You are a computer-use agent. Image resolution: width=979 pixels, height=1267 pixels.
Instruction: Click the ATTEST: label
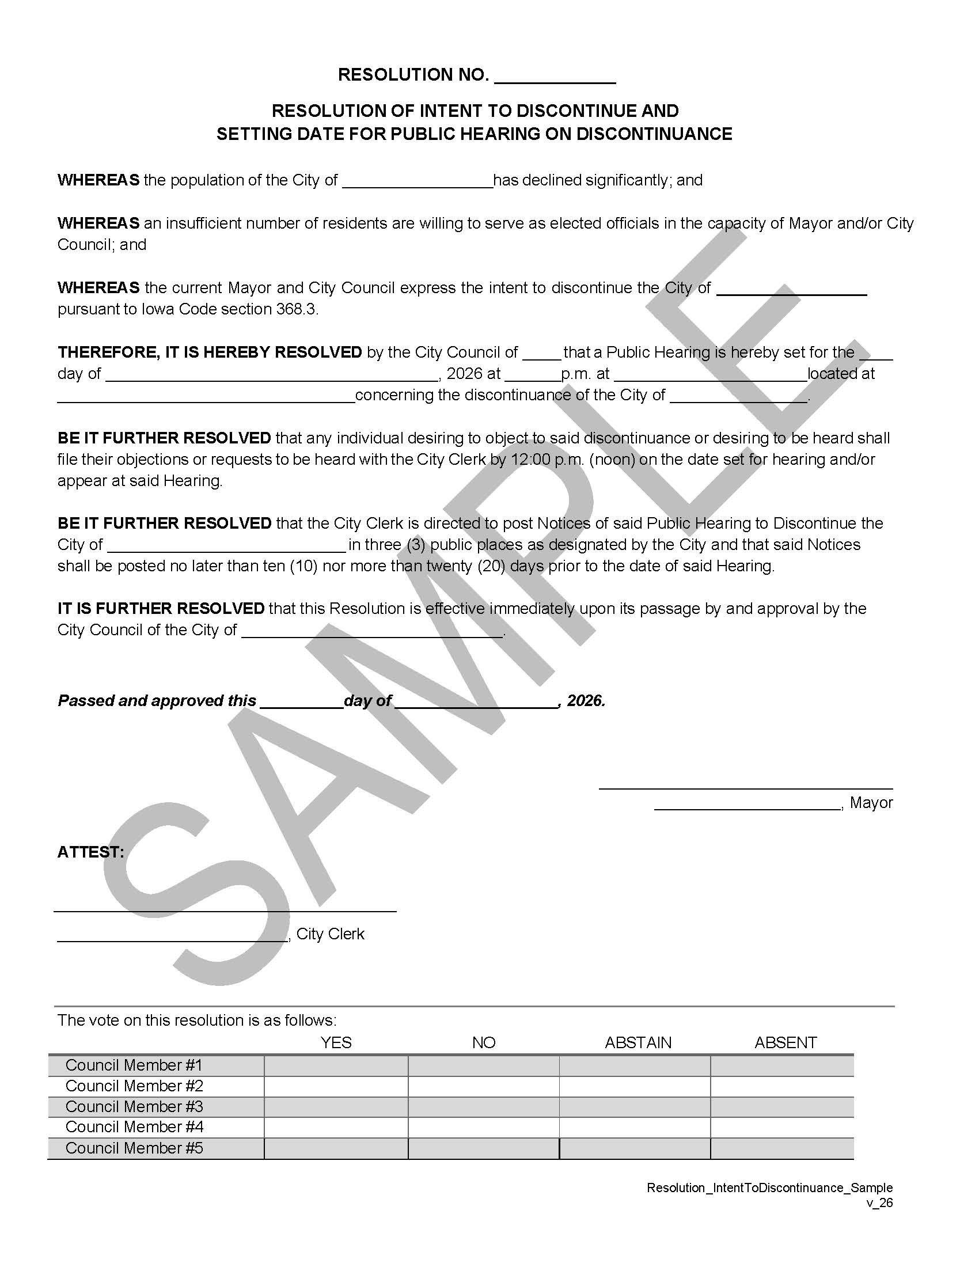[x=90, y=852]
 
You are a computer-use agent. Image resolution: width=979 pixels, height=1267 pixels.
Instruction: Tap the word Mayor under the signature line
[x=871, y=803]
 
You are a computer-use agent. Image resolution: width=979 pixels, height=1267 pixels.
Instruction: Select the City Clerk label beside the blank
[x=330, y=934]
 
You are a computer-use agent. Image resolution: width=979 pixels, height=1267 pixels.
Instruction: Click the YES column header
[x=336, y=1042]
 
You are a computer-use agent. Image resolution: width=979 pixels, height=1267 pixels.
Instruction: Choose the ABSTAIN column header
[x=638, y=1042]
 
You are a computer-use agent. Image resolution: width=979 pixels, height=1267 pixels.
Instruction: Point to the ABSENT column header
[x=786, y=1042]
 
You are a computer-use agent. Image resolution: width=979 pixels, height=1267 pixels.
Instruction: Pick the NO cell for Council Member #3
[x=483, y=1107]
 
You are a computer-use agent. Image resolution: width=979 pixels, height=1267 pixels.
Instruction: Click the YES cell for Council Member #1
[x=336, y=1065]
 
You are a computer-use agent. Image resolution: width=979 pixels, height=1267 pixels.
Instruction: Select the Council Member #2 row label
[x=134, y=1086]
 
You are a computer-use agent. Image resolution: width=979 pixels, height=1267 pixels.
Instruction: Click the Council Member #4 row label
[x=134, y=1127]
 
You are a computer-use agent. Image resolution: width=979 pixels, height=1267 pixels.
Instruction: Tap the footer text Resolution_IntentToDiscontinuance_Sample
[x=769, y=1188]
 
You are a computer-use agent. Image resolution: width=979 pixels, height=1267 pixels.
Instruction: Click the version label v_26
[x=879, y=1202]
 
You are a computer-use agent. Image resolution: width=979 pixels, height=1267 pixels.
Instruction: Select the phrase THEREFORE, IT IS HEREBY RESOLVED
[x=210, y=352]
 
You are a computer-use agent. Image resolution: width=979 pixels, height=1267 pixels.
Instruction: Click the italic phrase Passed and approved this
[x=157, y=701]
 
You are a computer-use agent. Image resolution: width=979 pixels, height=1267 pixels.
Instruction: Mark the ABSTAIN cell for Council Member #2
[x=635, y=1086]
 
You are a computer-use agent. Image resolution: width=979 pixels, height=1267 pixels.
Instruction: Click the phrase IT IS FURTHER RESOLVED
[x=161, y=609]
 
